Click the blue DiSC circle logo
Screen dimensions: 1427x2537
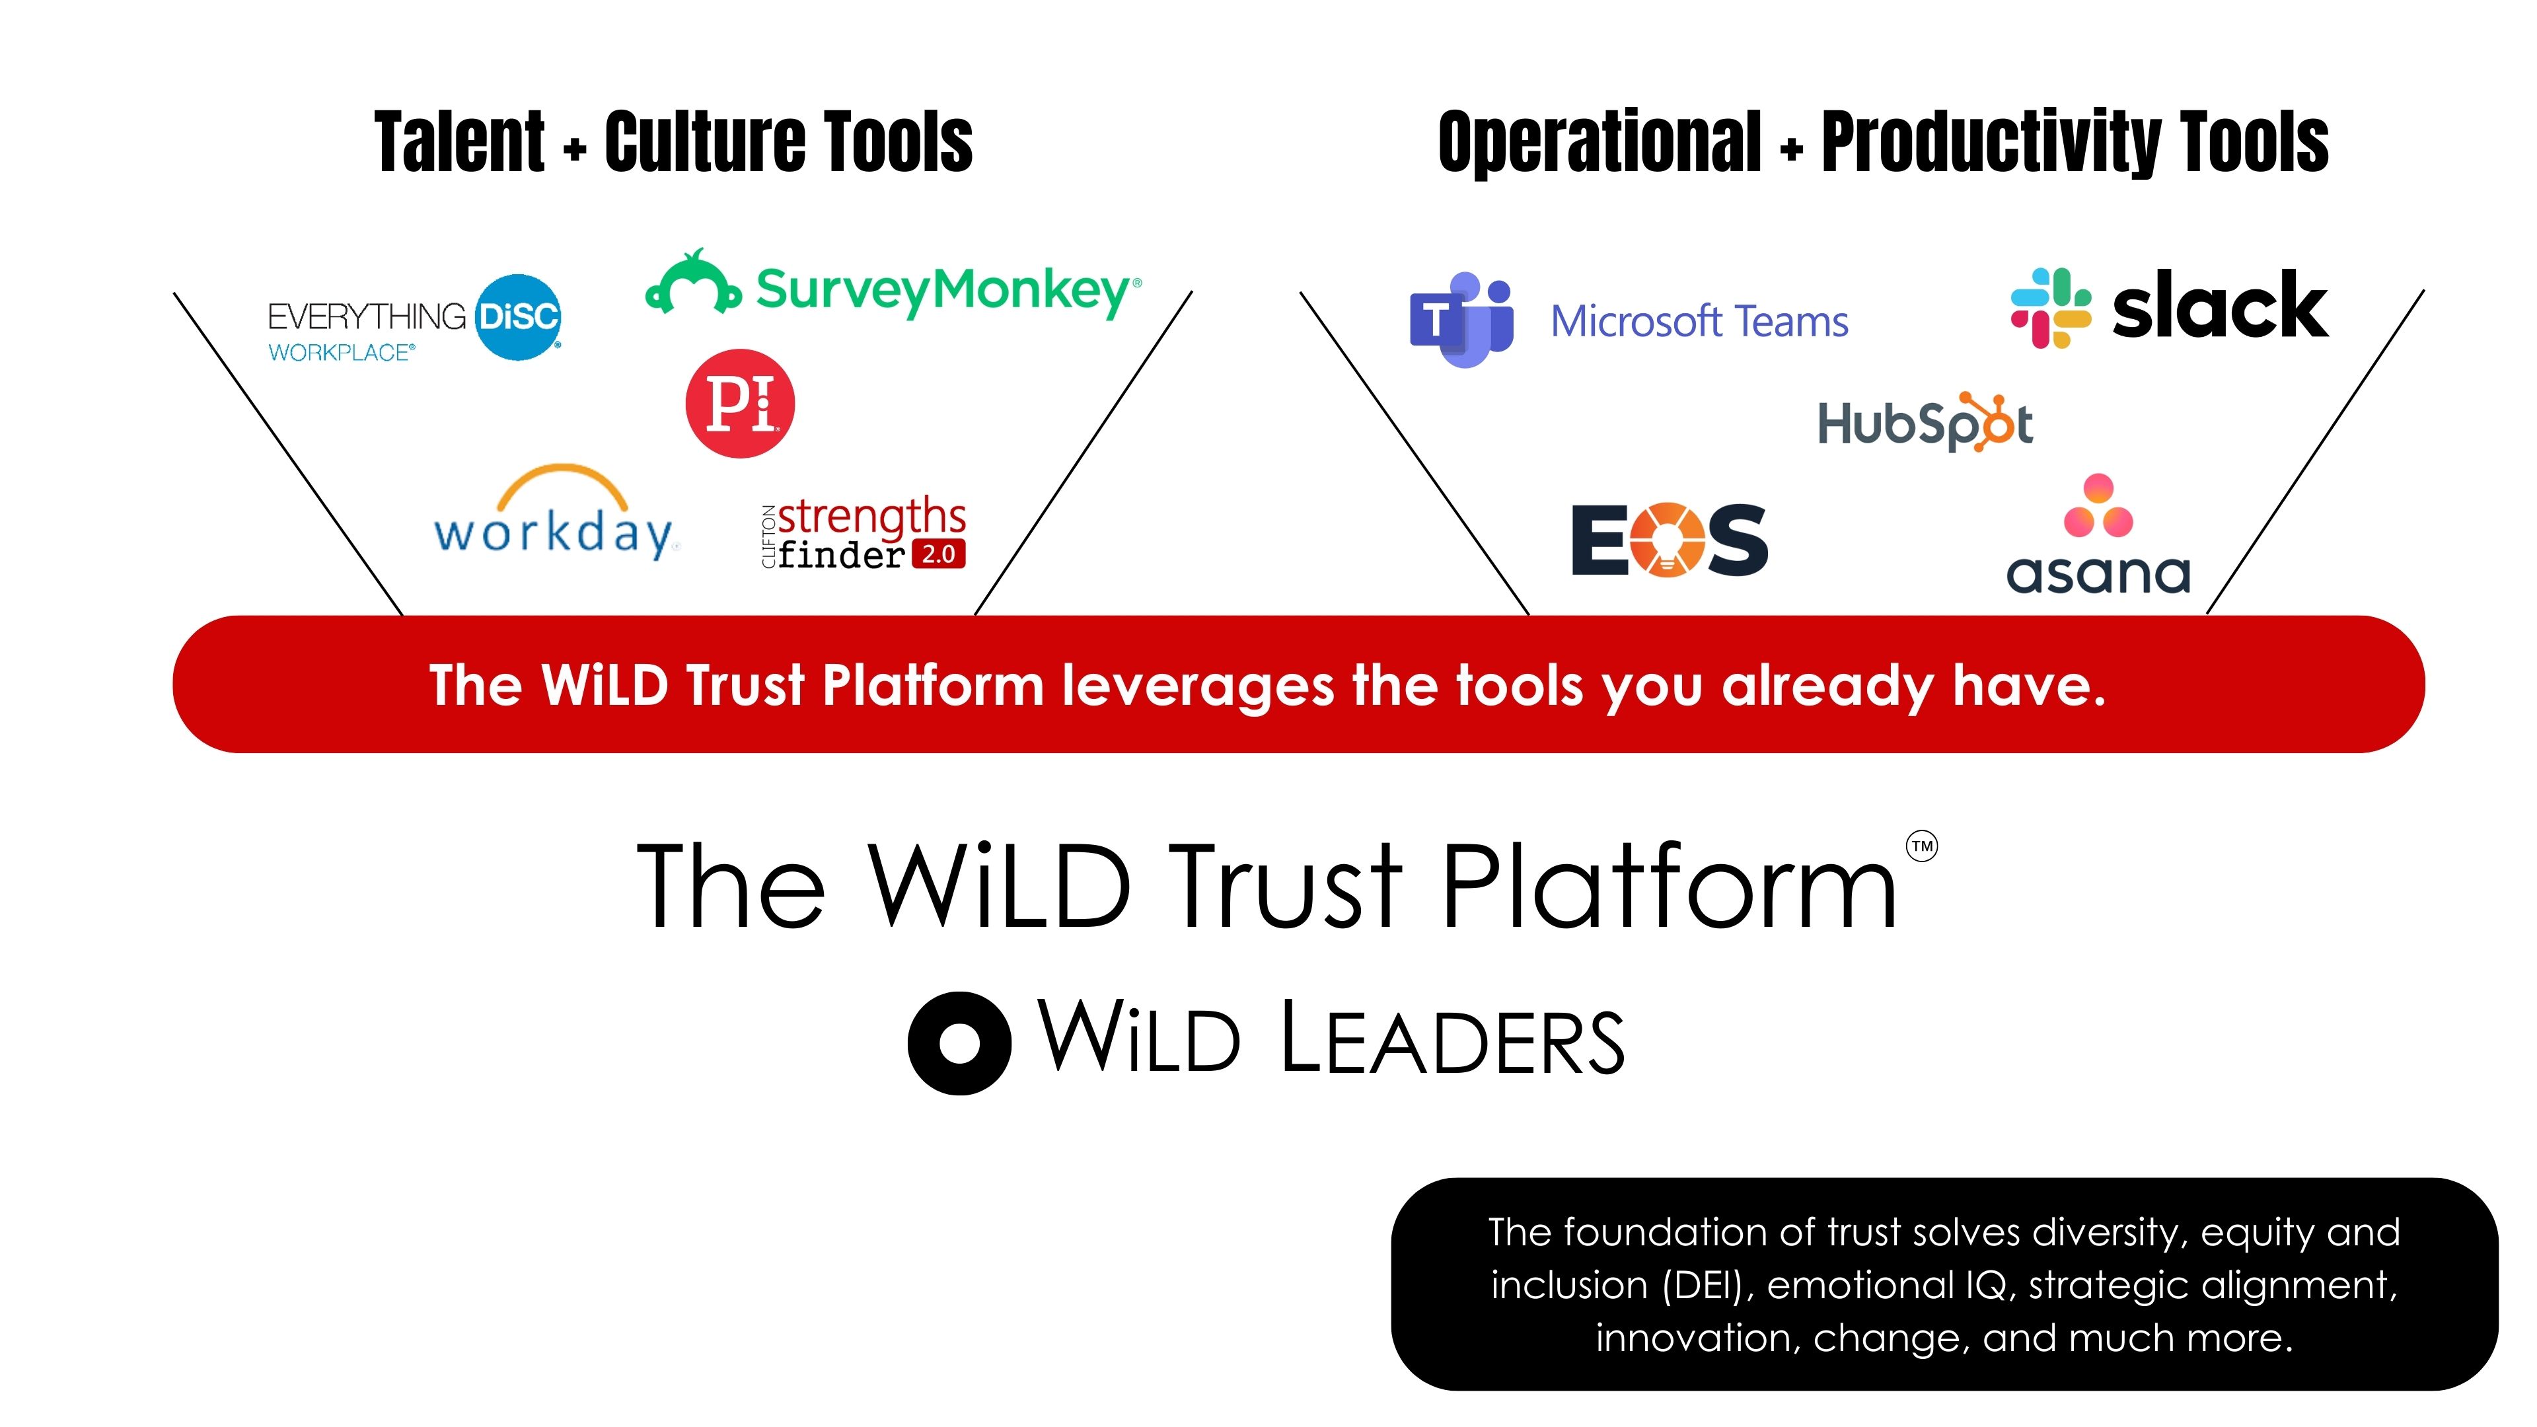click(x=518, y=317)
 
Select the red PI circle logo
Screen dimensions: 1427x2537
click(x=740, y=403)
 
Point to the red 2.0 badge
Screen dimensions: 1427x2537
click(x=939, y=554)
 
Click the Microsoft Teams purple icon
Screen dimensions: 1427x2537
click(x=1461, y=319)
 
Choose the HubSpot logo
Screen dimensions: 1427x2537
click(x=1925, y=423)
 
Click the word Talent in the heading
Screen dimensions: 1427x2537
click(x=459, y=143)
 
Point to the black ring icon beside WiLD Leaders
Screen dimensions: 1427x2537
click(x=958, y=1043)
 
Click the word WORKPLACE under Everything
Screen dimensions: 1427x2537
click(x=341, y=353)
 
